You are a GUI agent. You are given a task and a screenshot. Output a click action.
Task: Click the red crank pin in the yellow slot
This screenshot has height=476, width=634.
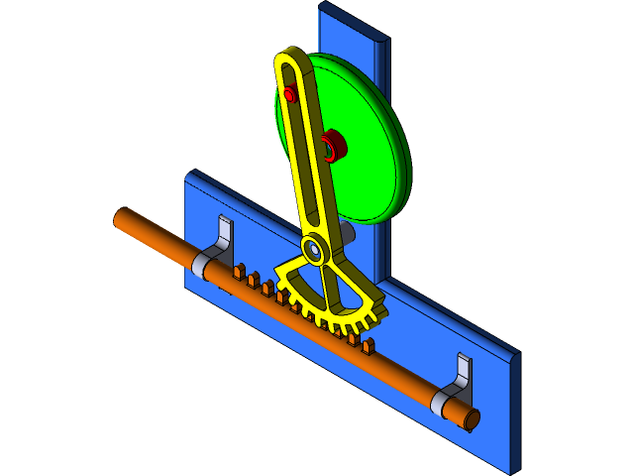pyautogui.click(x=290, y=94)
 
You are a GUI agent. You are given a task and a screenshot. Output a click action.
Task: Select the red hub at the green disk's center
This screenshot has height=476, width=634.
pyautogui.click(x=333, y=146)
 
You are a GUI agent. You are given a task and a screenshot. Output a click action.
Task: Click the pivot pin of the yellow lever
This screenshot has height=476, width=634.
pyautogui.click(x=314, y=250)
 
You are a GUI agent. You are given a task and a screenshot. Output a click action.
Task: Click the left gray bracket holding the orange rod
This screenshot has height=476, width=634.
pyautogui.click(x=220, y=248)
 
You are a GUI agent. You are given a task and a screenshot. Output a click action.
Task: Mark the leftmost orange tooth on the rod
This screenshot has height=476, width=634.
pyautogui.click(x=239, y=269)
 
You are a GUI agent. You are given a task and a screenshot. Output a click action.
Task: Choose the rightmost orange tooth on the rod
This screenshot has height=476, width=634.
pyautogui.click(x=369, y=346)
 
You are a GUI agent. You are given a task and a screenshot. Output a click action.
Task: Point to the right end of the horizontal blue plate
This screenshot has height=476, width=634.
pyautogui.click(x=513, y=412)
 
